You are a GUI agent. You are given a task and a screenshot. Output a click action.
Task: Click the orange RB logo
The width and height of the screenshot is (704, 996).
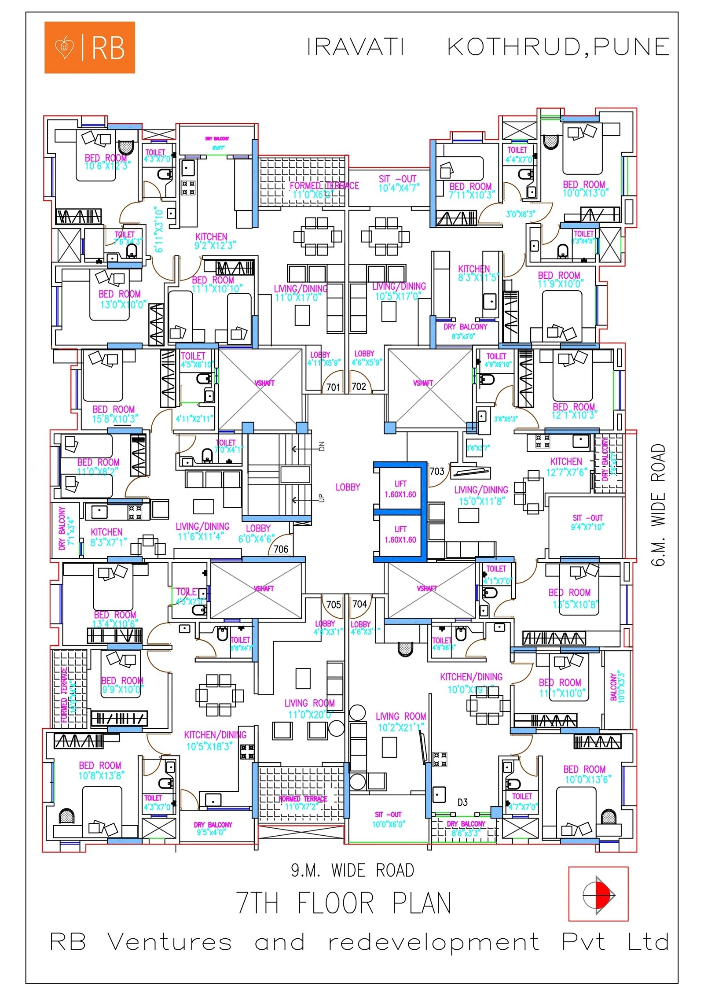tap(89, 48)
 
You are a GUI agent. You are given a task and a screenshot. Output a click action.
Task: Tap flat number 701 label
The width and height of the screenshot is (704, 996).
tap(333, 387)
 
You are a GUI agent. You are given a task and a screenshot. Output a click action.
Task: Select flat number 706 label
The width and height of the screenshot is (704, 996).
tap(281, 549)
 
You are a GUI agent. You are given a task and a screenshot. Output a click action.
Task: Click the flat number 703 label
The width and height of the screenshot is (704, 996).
tap(436, 472)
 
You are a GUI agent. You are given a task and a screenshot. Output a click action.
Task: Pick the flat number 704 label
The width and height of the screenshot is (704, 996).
tap(359, 604)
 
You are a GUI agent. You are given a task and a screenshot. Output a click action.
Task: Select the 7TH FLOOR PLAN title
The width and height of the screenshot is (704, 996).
tap(344, 903)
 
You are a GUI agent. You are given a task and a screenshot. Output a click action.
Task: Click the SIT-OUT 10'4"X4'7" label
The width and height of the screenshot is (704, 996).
tap(399, 184)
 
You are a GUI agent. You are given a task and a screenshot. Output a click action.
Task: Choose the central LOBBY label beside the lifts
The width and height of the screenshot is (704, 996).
tap(348, 487)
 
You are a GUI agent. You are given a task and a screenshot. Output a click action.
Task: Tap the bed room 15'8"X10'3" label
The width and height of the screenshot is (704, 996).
tap(114, 414)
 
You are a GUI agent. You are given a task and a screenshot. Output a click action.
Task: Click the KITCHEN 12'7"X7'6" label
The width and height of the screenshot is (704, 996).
tap(566, 467)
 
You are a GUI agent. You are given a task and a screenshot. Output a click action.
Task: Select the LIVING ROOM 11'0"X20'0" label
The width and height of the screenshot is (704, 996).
tap(309, 708)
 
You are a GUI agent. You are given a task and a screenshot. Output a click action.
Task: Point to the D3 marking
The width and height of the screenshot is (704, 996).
tap(462, 802)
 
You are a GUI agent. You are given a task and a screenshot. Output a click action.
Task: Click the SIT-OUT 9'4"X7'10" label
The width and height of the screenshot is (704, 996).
tap(587, 522)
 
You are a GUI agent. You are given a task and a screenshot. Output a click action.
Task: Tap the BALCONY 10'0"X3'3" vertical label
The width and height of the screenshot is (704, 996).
tap(617, 687)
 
